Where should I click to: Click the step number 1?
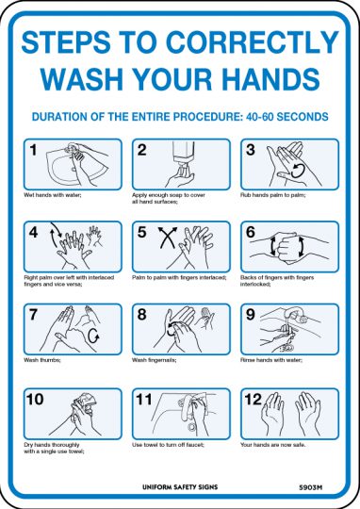pyautogui.click(x=33, y=150)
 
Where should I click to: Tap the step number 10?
pyautogui.click(x=35, y=399)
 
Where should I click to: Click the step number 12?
pyautogui.click(x=253, y=399)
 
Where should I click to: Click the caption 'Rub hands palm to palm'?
pyautogui.click(x=272, y=196)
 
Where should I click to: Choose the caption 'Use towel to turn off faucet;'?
pyautogui.click(x=167, y=444)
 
